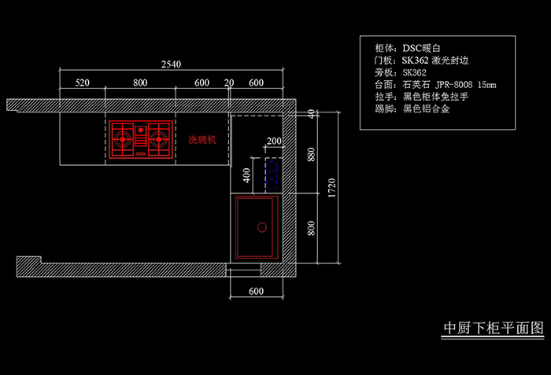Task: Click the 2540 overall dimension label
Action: point(171,64)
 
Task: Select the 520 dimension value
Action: point(82,83)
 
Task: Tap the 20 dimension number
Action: point(229,83)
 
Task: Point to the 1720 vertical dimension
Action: point(331,188)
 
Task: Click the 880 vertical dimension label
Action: point(311,155)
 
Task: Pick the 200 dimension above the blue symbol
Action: point(274,142)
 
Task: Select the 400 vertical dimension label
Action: point(246,175)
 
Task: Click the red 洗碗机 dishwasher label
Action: point(202,140)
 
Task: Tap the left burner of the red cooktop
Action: point(123,139)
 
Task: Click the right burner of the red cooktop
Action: point(159,139)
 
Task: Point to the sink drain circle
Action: point(262,227)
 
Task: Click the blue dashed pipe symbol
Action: point(272,175)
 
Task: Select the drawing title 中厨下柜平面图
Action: point(494,328)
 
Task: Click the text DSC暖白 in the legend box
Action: point(421,48)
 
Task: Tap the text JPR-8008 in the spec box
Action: point(453,85)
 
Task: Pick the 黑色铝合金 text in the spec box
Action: point(427,108)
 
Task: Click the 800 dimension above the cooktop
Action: point(140,83)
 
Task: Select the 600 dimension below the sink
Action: point(256,291)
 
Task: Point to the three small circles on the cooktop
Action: point(141,154)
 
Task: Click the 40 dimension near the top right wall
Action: point(311,114)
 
